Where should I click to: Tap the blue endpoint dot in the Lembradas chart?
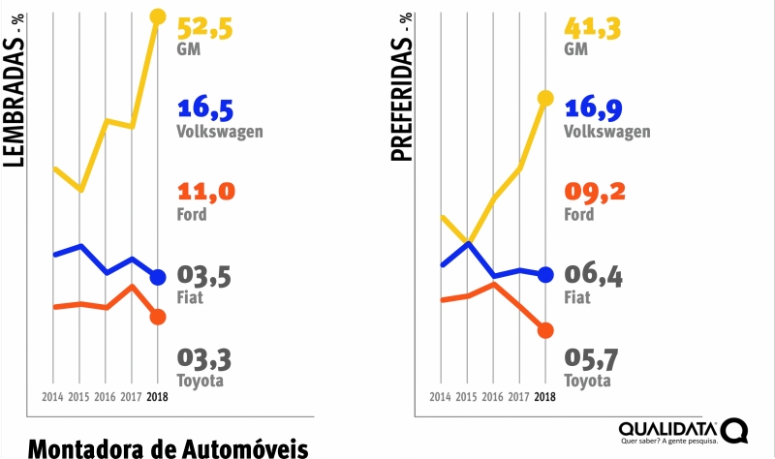(158, 277)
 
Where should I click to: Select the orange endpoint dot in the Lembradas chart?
(158, 317)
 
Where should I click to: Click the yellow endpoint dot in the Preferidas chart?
(544, 98)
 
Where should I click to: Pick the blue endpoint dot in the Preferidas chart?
(544, 274)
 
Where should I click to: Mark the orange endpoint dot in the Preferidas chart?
(544, 330)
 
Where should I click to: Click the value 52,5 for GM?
(205, 26)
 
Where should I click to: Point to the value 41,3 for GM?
(593, 26)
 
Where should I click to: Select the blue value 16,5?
(206, 108)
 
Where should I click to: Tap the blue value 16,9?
(593, 108)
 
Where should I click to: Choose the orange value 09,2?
(593, 192)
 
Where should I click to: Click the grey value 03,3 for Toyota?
(205, 360)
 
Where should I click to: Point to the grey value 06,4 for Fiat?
(593, 277)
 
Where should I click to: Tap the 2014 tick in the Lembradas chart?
(52, 397)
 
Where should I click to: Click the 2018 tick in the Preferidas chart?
(544, 397)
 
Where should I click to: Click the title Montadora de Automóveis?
(169, 448)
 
